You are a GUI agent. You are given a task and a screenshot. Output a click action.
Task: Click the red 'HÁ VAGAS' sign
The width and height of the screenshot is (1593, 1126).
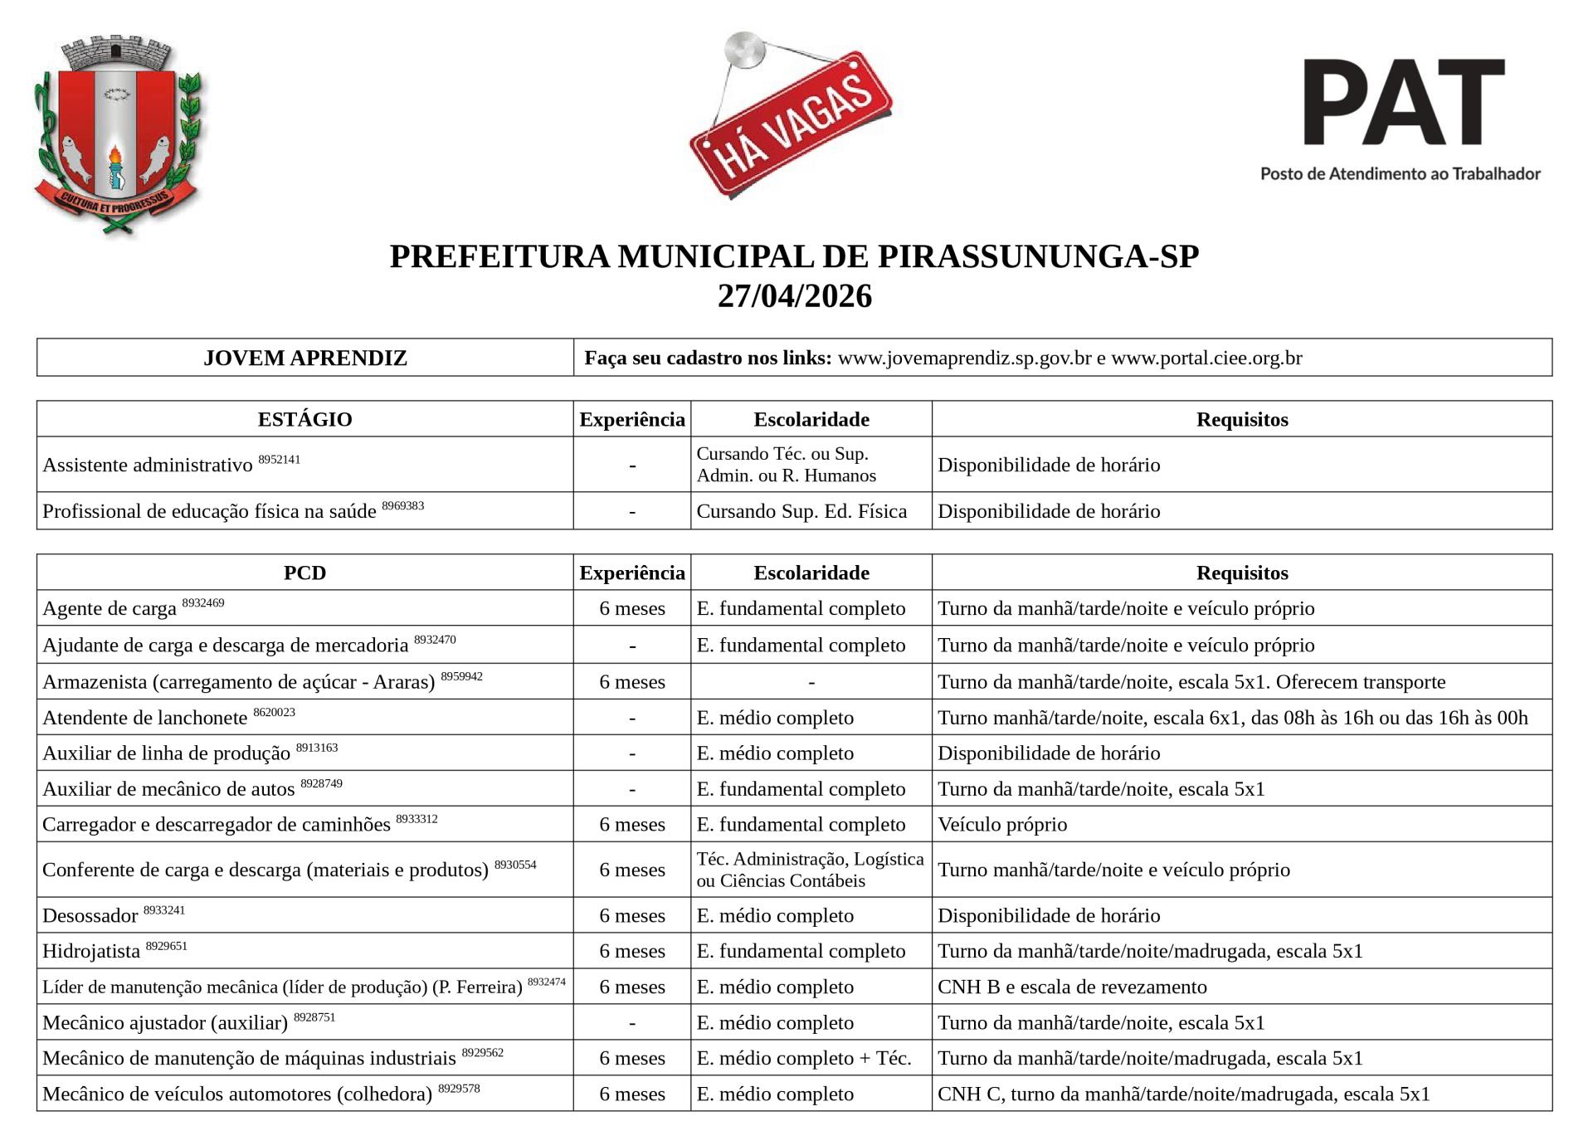coord(790,123)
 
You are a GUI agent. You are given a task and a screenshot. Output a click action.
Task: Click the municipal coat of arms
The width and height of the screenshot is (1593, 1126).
coord(119,135)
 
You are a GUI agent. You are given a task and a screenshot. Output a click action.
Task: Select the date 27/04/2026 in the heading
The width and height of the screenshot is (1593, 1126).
coord(794,296)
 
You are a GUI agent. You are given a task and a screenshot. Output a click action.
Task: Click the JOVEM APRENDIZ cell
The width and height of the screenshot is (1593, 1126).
coord(304,358)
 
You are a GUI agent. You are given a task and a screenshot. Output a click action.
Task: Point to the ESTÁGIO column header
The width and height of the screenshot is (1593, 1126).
coord(304,419)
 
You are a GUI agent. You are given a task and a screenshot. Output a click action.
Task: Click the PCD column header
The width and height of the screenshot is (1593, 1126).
coord(304,573)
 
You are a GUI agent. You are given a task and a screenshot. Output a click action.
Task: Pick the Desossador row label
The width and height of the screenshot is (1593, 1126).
coord(90,916)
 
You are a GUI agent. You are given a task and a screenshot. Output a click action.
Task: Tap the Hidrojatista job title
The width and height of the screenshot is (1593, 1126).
coord(91,952)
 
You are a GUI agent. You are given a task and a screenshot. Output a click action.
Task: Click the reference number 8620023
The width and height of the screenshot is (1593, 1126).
coord(274,712)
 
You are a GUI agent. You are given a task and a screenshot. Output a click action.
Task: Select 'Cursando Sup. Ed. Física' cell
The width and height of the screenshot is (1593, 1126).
coord(801,511)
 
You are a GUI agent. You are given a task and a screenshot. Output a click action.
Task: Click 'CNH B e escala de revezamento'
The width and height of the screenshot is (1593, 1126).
coord(1072,987)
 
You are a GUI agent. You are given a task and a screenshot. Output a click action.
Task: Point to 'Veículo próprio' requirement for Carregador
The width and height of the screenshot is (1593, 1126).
coord(1002,825)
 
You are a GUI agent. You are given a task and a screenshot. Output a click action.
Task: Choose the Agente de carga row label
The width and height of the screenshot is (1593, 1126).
coord(110,609)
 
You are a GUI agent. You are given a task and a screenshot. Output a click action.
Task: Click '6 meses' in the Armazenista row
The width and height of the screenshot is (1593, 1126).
coord(632,682)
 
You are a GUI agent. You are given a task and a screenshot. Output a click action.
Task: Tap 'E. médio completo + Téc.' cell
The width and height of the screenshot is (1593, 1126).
coord(804,1058)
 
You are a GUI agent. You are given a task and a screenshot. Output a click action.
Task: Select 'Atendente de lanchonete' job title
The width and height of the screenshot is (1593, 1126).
coord(144,718)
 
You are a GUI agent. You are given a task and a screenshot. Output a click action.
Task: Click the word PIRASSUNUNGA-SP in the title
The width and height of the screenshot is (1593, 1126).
coord(1038,256)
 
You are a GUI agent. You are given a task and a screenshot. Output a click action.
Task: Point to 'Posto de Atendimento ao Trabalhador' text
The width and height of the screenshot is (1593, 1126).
coord(1400,174)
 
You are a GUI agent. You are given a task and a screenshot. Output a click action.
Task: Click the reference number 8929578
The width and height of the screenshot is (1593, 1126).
coord(459,1088)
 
